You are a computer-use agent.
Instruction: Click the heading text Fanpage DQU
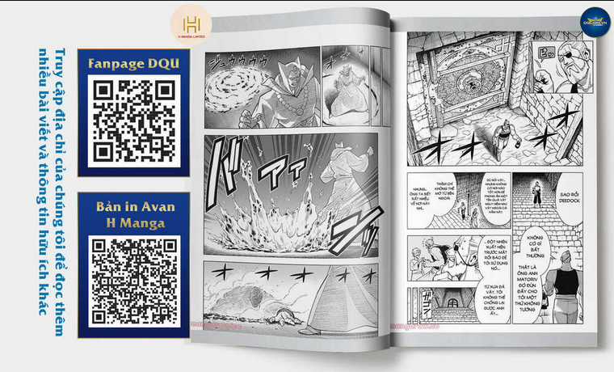click(133, 62)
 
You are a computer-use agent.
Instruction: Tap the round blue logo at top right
click(595, 22)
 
